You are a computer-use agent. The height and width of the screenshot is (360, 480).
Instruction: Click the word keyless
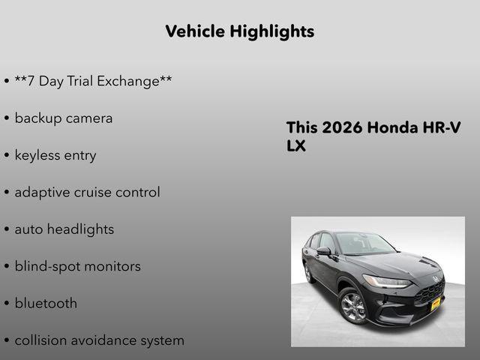point(38,155)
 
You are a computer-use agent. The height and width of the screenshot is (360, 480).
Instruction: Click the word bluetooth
point(46,304)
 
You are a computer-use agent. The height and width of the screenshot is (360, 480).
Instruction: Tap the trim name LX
point(296,145)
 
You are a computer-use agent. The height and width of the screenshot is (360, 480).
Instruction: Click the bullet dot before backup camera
point(7,119)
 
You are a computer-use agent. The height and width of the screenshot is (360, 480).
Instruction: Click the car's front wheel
point(353,307)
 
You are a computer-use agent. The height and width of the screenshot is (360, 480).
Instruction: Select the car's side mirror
point(324,251)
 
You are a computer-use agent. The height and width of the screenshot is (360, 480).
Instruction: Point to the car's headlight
point(387,281)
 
